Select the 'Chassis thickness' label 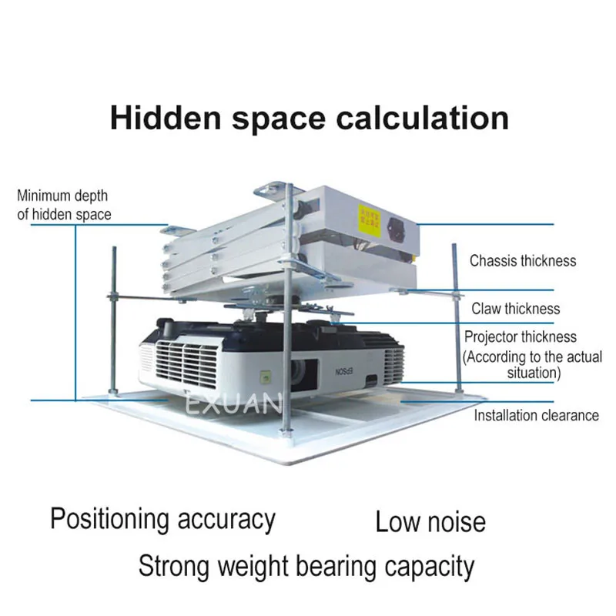coord(523,260)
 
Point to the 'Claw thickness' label coord(516,309)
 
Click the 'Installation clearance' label coord(536,415)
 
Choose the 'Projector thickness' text coord(520,336)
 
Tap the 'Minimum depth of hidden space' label coord(64,205)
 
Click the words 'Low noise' coord(430,522)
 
